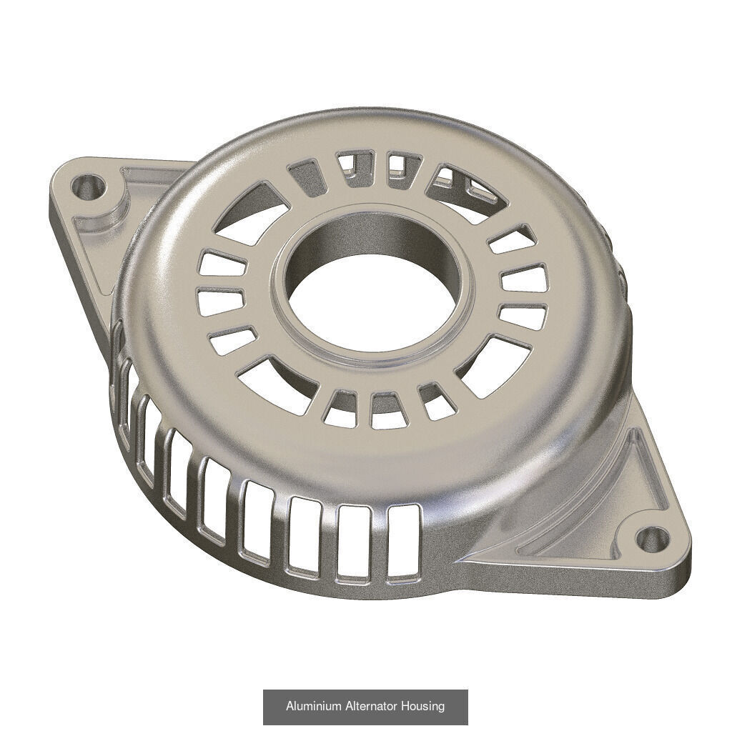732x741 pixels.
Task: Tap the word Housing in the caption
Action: pos(423,706)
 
